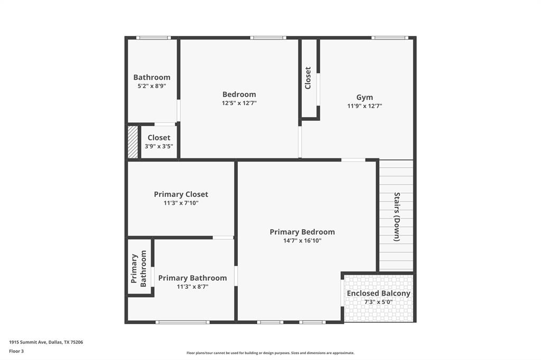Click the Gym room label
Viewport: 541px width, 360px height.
point(365,97)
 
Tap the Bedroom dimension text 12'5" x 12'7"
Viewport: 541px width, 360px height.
point(239,103)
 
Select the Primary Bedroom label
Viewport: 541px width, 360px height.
point(302,232)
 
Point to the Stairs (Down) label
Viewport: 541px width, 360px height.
point(397,217)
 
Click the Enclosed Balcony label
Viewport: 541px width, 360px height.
point(378,293)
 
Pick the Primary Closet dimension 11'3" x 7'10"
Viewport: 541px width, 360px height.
point(181,203)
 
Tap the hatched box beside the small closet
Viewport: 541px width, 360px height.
point(133,141)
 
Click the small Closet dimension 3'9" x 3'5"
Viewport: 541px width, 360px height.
point(159,146)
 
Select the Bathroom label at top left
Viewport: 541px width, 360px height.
point(152,77)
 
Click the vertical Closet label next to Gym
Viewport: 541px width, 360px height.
point(308,78)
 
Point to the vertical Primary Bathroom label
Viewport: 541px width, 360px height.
point(138,268)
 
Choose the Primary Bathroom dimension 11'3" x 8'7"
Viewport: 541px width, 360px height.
point(193,287)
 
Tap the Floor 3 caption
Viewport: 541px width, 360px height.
point(16,350)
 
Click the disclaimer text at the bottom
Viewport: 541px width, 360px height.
point(270,353)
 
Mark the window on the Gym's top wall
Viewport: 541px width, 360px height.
point(389,37)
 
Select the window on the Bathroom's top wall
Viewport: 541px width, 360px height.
point(153,37)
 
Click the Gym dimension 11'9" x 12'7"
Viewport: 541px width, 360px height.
point(365,106)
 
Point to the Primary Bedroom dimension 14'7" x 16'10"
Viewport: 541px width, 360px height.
point(302,241)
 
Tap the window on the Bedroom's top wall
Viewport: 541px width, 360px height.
point(268,37)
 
